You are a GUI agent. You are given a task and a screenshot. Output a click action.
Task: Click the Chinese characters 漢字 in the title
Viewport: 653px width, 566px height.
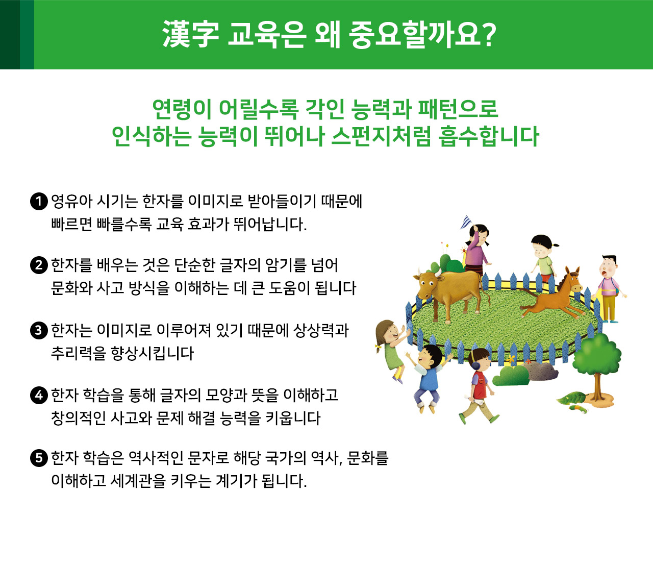pyautogui.click(x=191, y=34)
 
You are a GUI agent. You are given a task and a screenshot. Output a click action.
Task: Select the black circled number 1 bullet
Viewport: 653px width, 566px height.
pyautogui.click(x=39, y=201)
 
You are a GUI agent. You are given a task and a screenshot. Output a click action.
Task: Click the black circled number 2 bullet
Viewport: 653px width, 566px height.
pyautogui.click(x=39, y=265)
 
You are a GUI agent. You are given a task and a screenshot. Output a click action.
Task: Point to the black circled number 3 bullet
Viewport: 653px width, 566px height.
pyautogui.click(x=39, y=330)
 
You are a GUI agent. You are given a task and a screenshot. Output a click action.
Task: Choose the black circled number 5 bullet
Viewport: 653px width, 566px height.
pyautogui.click(x=39, y=458)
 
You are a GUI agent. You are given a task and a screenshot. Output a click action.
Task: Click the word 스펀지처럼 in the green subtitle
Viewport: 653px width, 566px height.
pyautogui.click(x=381, y=136)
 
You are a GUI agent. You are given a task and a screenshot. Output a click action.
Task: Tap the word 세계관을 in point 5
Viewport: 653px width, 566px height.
pyautogui.click(x=138, y=481)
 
